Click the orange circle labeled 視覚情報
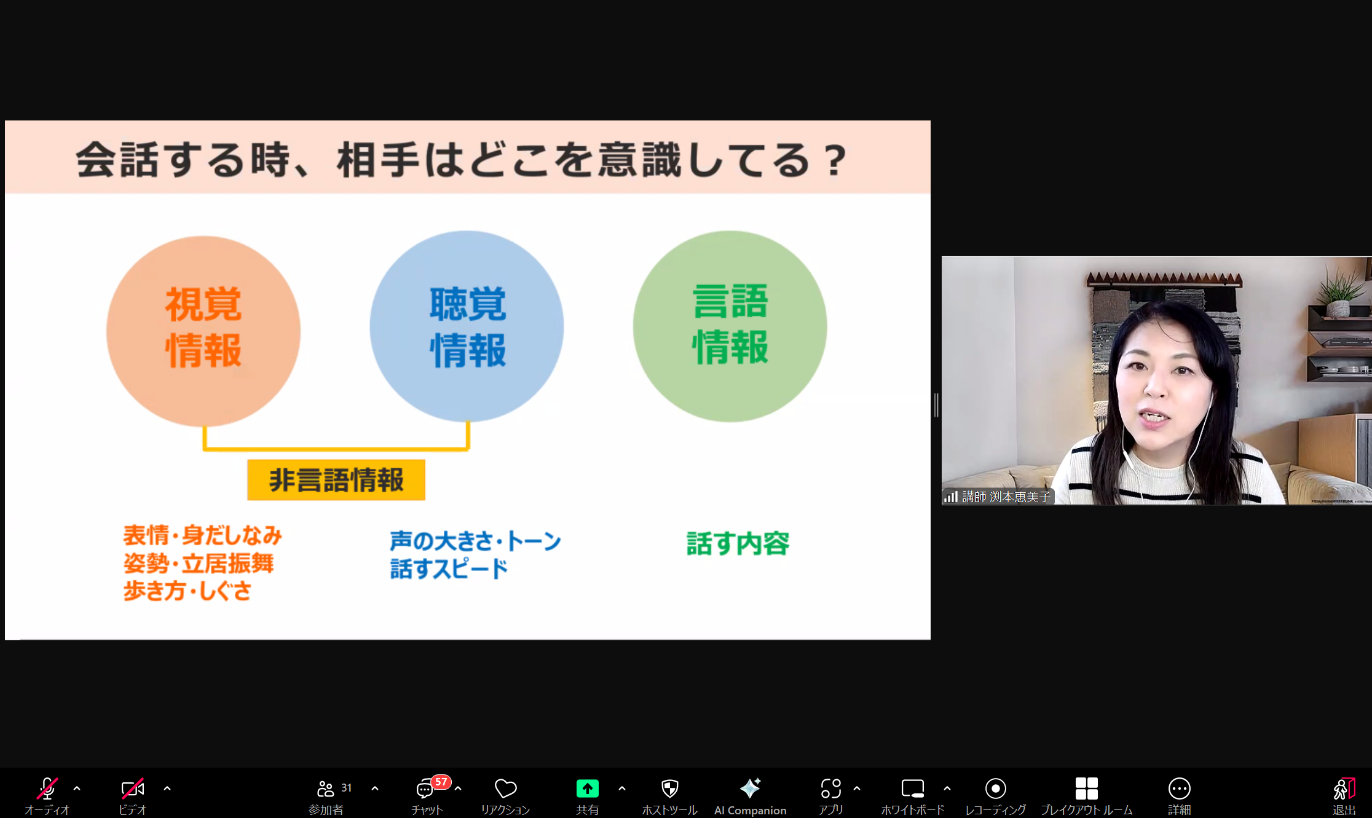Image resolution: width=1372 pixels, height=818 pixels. pyautogui.click(x=203, y=331)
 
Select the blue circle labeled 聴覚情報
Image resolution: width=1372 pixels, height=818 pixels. pyautogui.click(x=467, y=326)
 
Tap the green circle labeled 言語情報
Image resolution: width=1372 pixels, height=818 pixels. pyautogui.click(x=730, y=326)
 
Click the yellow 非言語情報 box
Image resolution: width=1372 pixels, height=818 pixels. pyautogui.click(x=336, y=480)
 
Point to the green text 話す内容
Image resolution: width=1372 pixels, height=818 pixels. pyautogui.click(x=738, y=544)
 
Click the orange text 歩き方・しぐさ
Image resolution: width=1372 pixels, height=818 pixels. pyautogui.click(x=187, y=591)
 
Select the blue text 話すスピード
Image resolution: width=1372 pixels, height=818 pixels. pyautogui.click(x=449, y=568)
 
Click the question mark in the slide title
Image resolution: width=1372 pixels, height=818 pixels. pyautogui.click(x=835, y=161)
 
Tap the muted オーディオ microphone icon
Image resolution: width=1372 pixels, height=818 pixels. pyautogui.click(x=47, y=788)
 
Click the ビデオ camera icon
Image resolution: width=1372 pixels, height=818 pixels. pyautogui.click(x=133, y=789)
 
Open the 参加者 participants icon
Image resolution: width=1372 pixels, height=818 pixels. pyautogui.click(x=325, y=789)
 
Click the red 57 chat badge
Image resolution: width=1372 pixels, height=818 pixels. pyautogui.click(x=441, y=782)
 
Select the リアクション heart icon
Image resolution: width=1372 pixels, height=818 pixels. pyautogui.click(x=505, y=789)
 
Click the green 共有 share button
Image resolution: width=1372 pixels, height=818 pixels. pyautogui.click(x=587, y=789)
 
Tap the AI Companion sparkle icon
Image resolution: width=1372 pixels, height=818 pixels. pyautogui.click(x=750, y=788)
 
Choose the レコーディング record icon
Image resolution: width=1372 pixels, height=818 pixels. pyautogui.click(x=995, y=789)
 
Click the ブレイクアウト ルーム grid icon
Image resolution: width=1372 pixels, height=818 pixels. pyautogui.click(x=1086, y=789)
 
